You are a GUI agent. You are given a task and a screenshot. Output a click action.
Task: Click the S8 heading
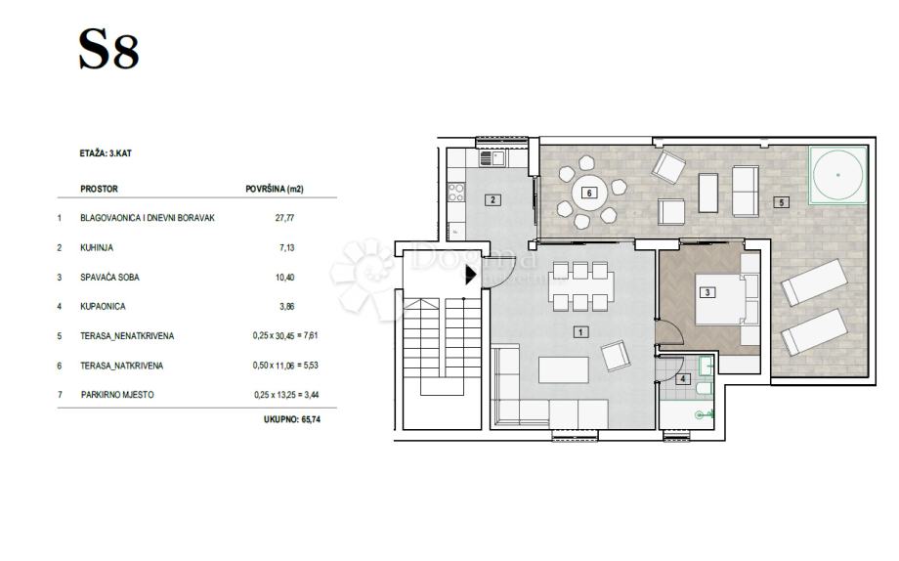click(x=108, y=50)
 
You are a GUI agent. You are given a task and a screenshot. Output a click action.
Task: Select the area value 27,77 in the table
click(x=284, y=218)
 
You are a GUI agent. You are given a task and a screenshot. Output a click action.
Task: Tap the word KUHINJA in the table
click(x=97, y=248)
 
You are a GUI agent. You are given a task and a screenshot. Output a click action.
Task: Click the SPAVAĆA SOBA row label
click(x=109, y=277)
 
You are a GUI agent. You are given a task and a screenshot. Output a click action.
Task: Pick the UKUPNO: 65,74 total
click(x=292, y=419)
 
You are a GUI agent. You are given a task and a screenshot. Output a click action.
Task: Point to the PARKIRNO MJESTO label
click(x=117, y=395)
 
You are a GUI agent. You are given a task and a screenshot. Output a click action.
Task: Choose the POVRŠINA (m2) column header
click(x=274, y=189)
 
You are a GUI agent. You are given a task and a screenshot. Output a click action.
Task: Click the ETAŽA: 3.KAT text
click(x=106, y=153)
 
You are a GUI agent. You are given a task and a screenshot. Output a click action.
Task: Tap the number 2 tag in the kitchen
click(x=492, y=199)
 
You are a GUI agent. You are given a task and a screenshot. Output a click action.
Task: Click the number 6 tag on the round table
click(x=589, y=193)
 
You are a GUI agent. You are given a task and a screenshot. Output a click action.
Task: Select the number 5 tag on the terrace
click(x=781, y=202)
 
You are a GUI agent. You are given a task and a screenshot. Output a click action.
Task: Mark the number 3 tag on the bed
click(x=706, y=292)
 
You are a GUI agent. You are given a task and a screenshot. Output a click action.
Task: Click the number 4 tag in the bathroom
click(x=682, y=378)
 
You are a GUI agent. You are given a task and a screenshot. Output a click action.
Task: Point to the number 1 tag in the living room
click(x=580, y=331)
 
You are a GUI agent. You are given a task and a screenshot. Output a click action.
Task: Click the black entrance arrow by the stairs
click(x=470, y=275)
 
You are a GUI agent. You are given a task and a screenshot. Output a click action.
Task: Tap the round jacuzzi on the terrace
click(x=837, y=175)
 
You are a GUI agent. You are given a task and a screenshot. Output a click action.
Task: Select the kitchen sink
click(x=492, y=157)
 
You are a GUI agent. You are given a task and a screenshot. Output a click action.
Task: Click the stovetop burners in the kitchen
click(x=456, y=193)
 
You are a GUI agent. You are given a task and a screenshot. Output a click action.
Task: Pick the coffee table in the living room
click(x=564, y=370)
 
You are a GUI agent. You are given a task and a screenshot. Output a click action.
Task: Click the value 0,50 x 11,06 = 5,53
click(x=285, y=366)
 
